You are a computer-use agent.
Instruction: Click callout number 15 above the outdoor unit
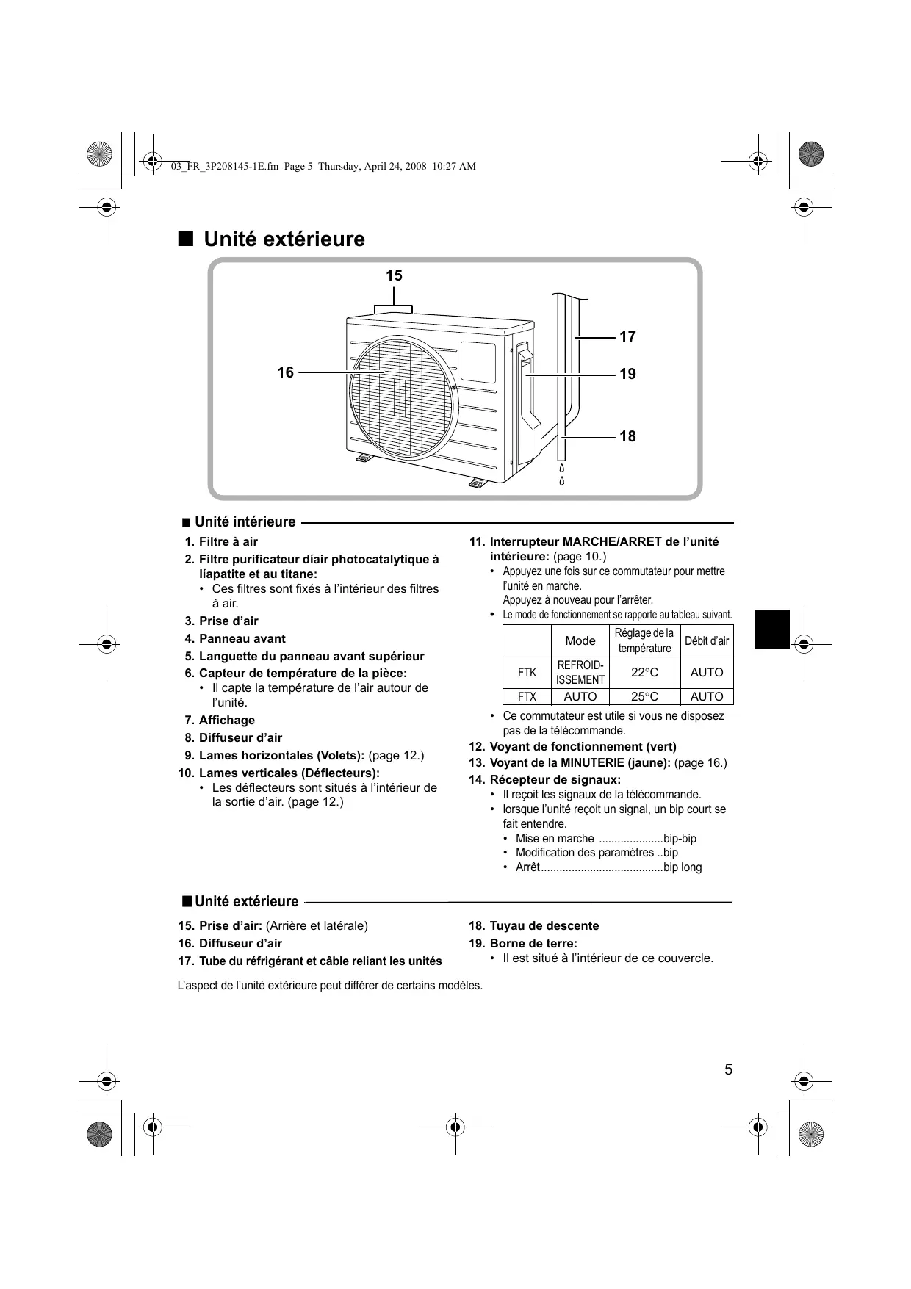pyautogui.click(x=394, y=276)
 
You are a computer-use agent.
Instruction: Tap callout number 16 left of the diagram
pyautogui.click(x=285, y=373)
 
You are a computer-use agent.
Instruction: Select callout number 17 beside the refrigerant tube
pyautogui.click(x=627, y=337)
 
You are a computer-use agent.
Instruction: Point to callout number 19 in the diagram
pyautogui.click(x=627, y=375)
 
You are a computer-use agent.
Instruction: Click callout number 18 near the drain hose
pyautogui.click(x=627, y=437)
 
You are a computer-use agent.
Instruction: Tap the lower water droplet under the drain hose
pyautogui.click(x=562, y=481)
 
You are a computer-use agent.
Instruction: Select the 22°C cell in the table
pyautogui.click(x=644, y=673)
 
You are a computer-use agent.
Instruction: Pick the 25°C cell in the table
pyautogui.click(x=644, y=697)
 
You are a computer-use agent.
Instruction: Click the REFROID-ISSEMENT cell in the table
pyautogui.click(x=580, y=673)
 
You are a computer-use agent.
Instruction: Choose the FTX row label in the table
pyautogui.click(x=527, y=697)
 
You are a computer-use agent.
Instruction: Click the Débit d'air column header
pyautogui.click(x=707, y=641)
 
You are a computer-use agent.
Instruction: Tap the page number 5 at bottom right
pyautogui.click(x=728, y=1070)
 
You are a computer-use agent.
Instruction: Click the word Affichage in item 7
pyautogui.click(x=227, y=721)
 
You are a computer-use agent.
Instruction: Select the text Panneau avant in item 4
pyautogui.click(x=242, y=639)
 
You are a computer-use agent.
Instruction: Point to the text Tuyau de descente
pyautogui.click(x=544, y=926)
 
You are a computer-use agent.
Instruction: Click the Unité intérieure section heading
pyautogui.click(x=245, y=522)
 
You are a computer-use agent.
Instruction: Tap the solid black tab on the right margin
pyautogui.click(x=771, y=629)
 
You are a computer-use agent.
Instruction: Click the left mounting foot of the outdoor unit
pyautogui.click(x=364, y=459)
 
